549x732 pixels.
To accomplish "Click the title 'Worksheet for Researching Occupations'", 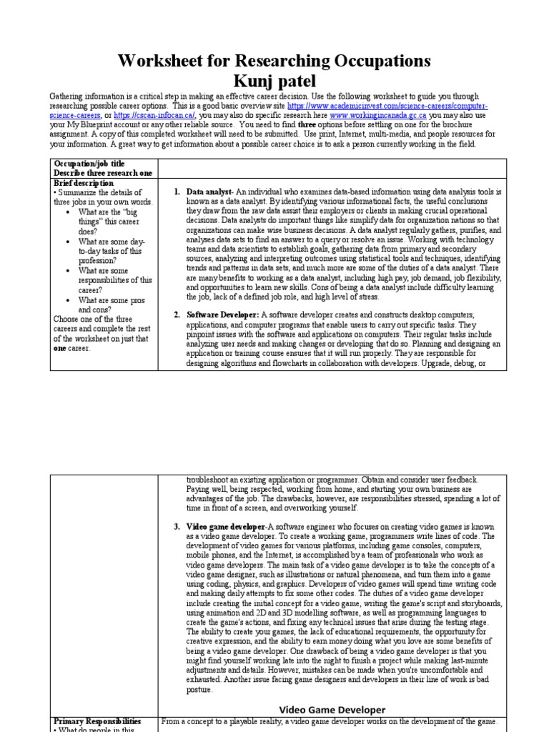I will (x=274, y=61).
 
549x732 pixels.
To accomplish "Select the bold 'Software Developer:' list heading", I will (x=223, y=315).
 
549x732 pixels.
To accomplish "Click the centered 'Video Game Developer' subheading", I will (x=332, y=709).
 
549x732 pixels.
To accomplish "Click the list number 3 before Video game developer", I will (x=177, y=527).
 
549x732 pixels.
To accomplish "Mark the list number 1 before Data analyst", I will (x=177, y=192).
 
